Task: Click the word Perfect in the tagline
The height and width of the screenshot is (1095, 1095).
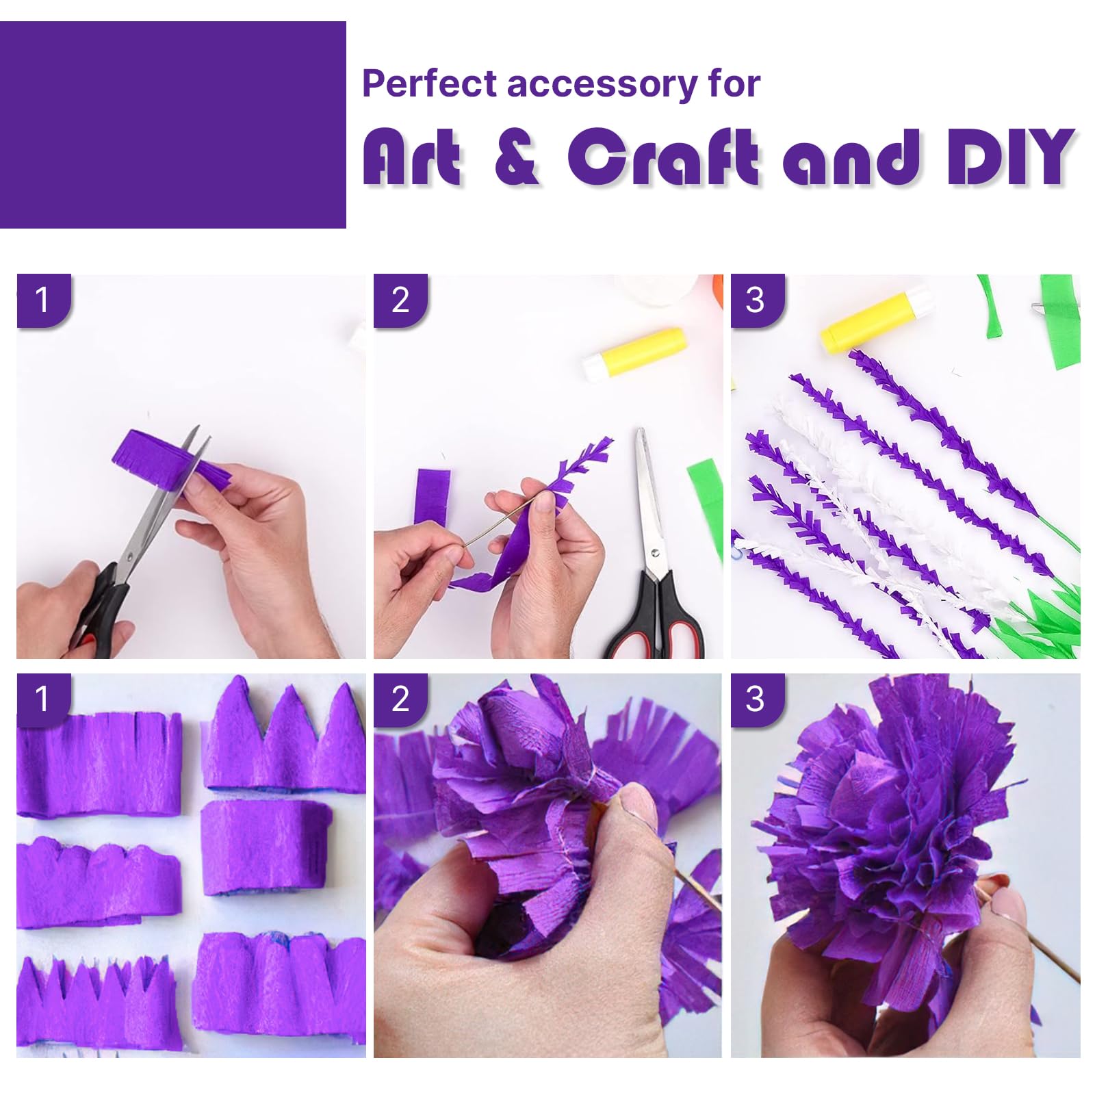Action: [429, 83]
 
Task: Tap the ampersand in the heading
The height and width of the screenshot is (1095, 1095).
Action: [517, 157]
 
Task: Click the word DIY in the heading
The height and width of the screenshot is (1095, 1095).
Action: [1011, 157]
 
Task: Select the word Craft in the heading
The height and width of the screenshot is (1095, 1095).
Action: [663, 157]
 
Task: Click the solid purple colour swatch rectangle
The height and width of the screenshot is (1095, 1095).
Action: [173, 125]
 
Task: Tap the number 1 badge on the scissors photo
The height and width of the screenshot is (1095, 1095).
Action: [43, 300]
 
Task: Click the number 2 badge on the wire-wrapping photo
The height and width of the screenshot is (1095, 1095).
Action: [400, 300]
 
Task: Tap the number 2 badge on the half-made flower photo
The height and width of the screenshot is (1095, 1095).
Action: [400, 699]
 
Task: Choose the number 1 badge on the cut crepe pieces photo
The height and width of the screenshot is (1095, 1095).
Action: [43, 699]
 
